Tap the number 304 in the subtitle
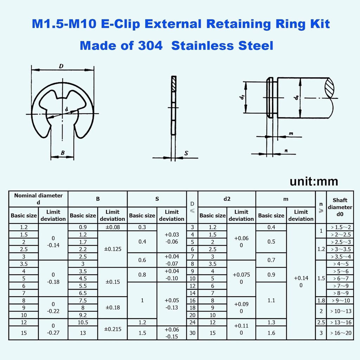tap(149, 46)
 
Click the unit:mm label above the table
tap(314, 181)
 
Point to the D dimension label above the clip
tap(61, 66)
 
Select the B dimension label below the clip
tap(62, 153)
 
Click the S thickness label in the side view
tap(186, 153)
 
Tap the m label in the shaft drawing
tap(291, 134)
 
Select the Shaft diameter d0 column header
tap(340, 207)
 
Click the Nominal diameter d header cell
tap(38, 199)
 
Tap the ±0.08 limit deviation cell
tap(112, 227)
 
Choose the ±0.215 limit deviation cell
tap(112, 329)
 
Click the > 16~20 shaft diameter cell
tap(340, 333)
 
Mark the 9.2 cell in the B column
tap(83, 315)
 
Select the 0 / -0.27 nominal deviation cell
tap(53, 329)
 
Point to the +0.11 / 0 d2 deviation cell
tap(241, 329)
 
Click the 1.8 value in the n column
tap(321, 300)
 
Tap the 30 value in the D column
tap(192, 333)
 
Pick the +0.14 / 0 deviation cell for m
tap(301, 282)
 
